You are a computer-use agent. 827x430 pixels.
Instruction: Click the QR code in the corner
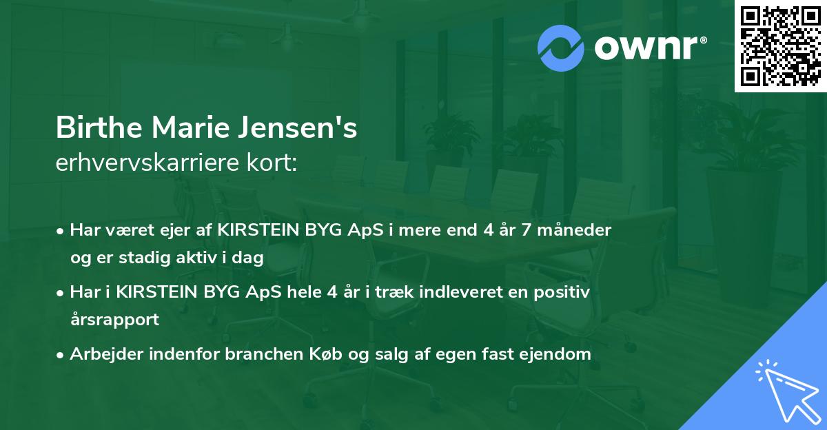[x=781, y=46]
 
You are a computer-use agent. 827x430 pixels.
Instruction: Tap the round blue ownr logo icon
[x=561, y=48]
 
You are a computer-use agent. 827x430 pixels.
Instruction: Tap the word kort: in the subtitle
[x=274, y=164]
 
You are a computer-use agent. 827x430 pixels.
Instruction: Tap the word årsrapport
[x=114, y=319]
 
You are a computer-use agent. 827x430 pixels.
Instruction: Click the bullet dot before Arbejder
[x=61, y=355]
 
